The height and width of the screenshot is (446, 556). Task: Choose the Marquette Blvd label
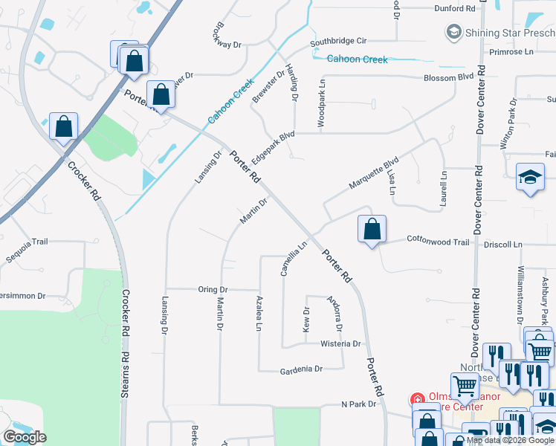(x=375, y=173)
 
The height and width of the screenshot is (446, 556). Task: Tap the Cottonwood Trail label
(x=437, y=242)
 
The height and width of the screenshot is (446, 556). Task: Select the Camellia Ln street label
(x=294, y=259)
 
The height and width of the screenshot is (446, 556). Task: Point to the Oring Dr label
(x=213, y=289)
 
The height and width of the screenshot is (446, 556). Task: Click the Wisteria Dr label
(x=340, y=343)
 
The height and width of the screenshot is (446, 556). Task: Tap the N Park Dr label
(x=360, y=404)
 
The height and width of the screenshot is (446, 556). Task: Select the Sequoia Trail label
(x=28, y=242)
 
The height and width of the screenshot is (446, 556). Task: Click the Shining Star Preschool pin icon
(x=453, y=32)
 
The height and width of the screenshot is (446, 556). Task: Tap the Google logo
(x=25, y=437)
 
